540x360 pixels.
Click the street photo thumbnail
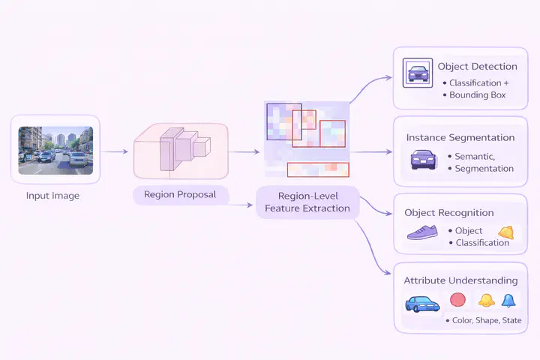55,150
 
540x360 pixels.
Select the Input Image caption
54,196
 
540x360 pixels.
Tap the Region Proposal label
179,194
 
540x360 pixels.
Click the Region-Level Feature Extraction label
307,202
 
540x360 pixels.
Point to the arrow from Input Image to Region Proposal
115,151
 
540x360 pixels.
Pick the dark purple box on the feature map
284,122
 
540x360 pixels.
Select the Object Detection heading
477,67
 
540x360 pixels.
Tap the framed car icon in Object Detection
416,73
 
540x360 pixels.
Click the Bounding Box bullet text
478,95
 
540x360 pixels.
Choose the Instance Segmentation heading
460,138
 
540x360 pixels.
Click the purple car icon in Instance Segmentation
423,159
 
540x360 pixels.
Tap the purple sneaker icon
423,232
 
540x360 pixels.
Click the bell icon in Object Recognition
506,232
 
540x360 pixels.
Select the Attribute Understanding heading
460,280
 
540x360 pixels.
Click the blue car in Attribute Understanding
422,304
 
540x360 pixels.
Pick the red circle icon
457,300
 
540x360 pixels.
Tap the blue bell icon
508,301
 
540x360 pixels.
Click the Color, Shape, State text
487,320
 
